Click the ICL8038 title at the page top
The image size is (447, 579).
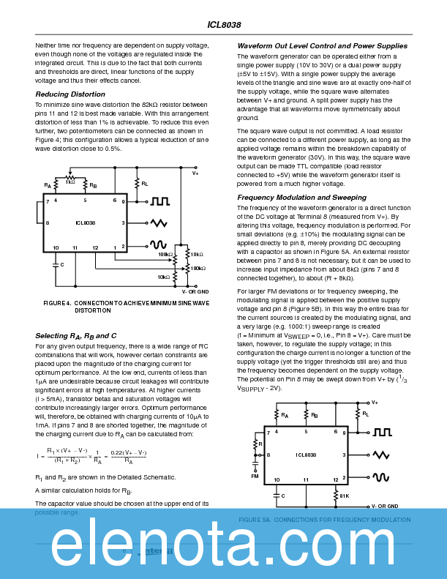point(223,25)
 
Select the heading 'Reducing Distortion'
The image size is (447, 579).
point(70,94)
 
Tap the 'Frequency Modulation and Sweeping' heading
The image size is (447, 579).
point(301,198)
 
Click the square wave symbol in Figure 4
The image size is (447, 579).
point(160,201)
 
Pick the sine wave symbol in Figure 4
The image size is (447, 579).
point(159,245)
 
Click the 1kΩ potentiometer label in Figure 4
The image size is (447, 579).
point(70,181)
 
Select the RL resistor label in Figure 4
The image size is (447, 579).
point(145,184)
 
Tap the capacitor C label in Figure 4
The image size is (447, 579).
point(62,264)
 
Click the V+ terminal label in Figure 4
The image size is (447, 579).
point(195,173)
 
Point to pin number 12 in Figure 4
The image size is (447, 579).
point(95,248)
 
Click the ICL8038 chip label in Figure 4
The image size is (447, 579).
point(86,223)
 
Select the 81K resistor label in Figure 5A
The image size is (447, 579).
point(344,496)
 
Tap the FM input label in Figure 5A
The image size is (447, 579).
point(255,476)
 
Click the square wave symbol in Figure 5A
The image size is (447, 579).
point(382,433)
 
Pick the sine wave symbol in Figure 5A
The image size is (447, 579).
point(381,477)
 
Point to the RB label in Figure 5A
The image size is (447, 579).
point(315,416)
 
